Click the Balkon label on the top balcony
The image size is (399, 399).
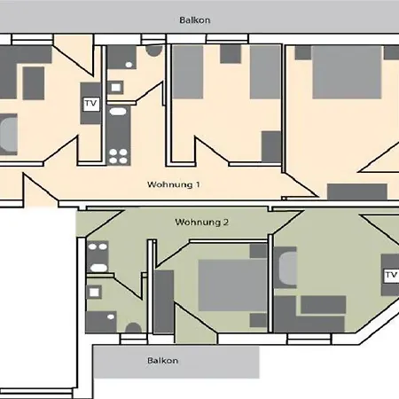click(x=195, y=20)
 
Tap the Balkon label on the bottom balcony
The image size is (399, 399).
click(x=162, y=361)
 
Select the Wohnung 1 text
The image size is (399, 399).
click(x=174, y=184)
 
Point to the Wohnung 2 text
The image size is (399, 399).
click(x=202, y=222)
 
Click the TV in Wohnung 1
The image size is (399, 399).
click(x=90, y=104)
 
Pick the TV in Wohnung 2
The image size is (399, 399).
click(x=391, y=276)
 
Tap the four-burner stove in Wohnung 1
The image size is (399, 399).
click(x=118, y=156)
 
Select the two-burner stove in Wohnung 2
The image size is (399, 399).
click(x=98, y=246)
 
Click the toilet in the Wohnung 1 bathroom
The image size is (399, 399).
click(x=154, y=51)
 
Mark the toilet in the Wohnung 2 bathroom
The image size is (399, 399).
click(x=133, y=327)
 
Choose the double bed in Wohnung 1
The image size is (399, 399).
click(x=347, y=72)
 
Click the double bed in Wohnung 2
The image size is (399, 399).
click(x=232, y=286)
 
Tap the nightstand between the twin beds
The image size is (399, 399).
click(x=231, y=54)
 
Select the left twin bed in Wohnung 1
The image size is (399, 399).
click(x=188, y=72)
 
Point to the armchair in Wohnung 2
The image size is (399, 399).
click(x=285, y=268)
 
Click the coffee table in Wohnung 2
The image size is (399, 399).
click(x=324, y=305)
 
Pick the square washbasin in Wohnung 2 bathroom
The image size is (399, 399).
click(x=94, y=293)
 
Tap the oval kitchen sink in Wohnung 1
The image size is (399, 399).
click(x=118, y=112)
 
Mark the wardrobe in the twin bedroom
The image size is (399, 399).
click(x=271, y=146)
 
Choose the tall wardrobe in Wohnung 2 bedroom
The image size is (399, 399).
click(x=163, y=301)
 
